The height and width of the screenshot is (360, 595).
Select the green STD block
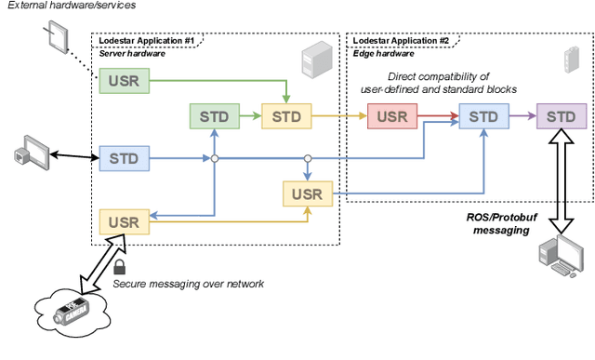pos(213,116)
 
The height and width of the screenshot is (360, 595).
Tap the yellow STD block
pos(286,116)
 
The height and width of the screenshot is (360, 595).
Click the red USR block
pos(392,116)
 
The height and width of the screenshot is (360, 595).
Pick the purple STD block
pos(561,116)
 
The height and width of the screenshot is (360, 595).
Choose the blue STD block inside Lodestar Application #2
pos(483,116)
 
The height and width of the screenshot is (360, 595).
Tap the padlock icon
pos(120,269)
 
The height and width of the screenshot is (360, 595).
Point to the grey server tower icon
pos(313,62)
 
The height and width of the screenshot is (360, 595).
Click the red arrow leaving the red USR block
pos(438,116)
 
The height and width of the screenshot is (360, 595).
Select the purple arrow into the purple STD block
pos(522,116)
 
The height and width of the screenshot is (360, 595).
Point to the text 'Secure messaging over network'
pos(190,285)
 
